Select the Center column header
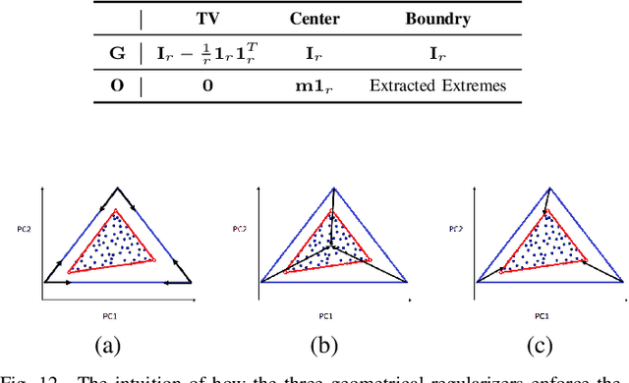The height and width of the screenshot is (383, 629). coord(316,18)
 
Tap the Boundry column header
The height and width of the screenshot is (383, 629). coord(437,18)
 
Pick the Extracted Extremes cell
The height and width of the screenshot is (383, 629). coord(437,85)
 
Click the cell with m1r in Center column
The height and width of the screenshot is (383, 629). coord(316,85)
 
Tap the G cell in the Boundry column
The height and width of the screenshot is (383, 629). coord(437,52)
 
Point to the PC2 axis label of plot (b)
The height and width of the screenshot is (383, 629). coord(238,229)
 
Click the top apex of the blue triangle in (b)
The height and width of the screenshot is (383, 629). coord(331,186)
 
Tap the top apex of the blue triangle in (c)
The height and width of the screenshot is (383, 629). coord(546,186)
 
